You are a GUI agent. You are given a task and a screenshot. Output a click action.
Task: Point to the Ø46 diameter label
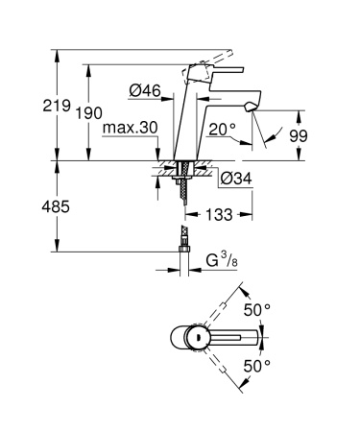point(144,92)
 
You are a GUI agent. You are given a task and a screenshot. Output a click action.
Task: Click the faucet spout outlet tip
point(252,107)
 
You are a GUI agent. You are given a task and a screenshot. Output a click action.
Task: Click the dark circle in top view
point(197,338)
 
